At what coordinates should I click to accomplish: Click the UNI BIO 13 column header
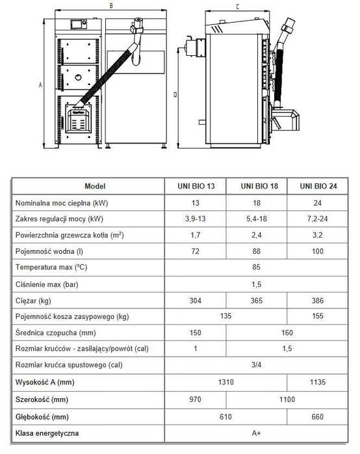pos(196,186)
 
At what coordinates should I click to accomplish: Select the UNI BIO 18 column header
pos(257,186)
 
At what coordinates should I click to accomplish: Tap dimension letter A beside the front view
pos(41,85)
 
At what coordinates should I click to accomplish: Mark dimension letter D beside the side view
pos(176,94)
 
